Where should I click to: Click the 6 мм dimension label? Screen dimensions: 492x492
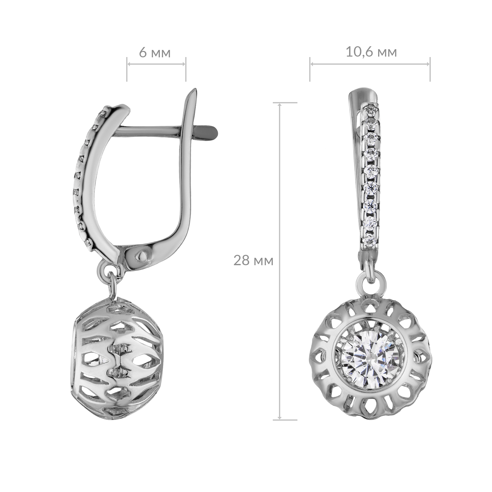[x=155, y=53]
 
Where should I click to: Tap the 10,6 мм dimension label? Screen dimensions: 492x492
[x=371, y=52]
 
